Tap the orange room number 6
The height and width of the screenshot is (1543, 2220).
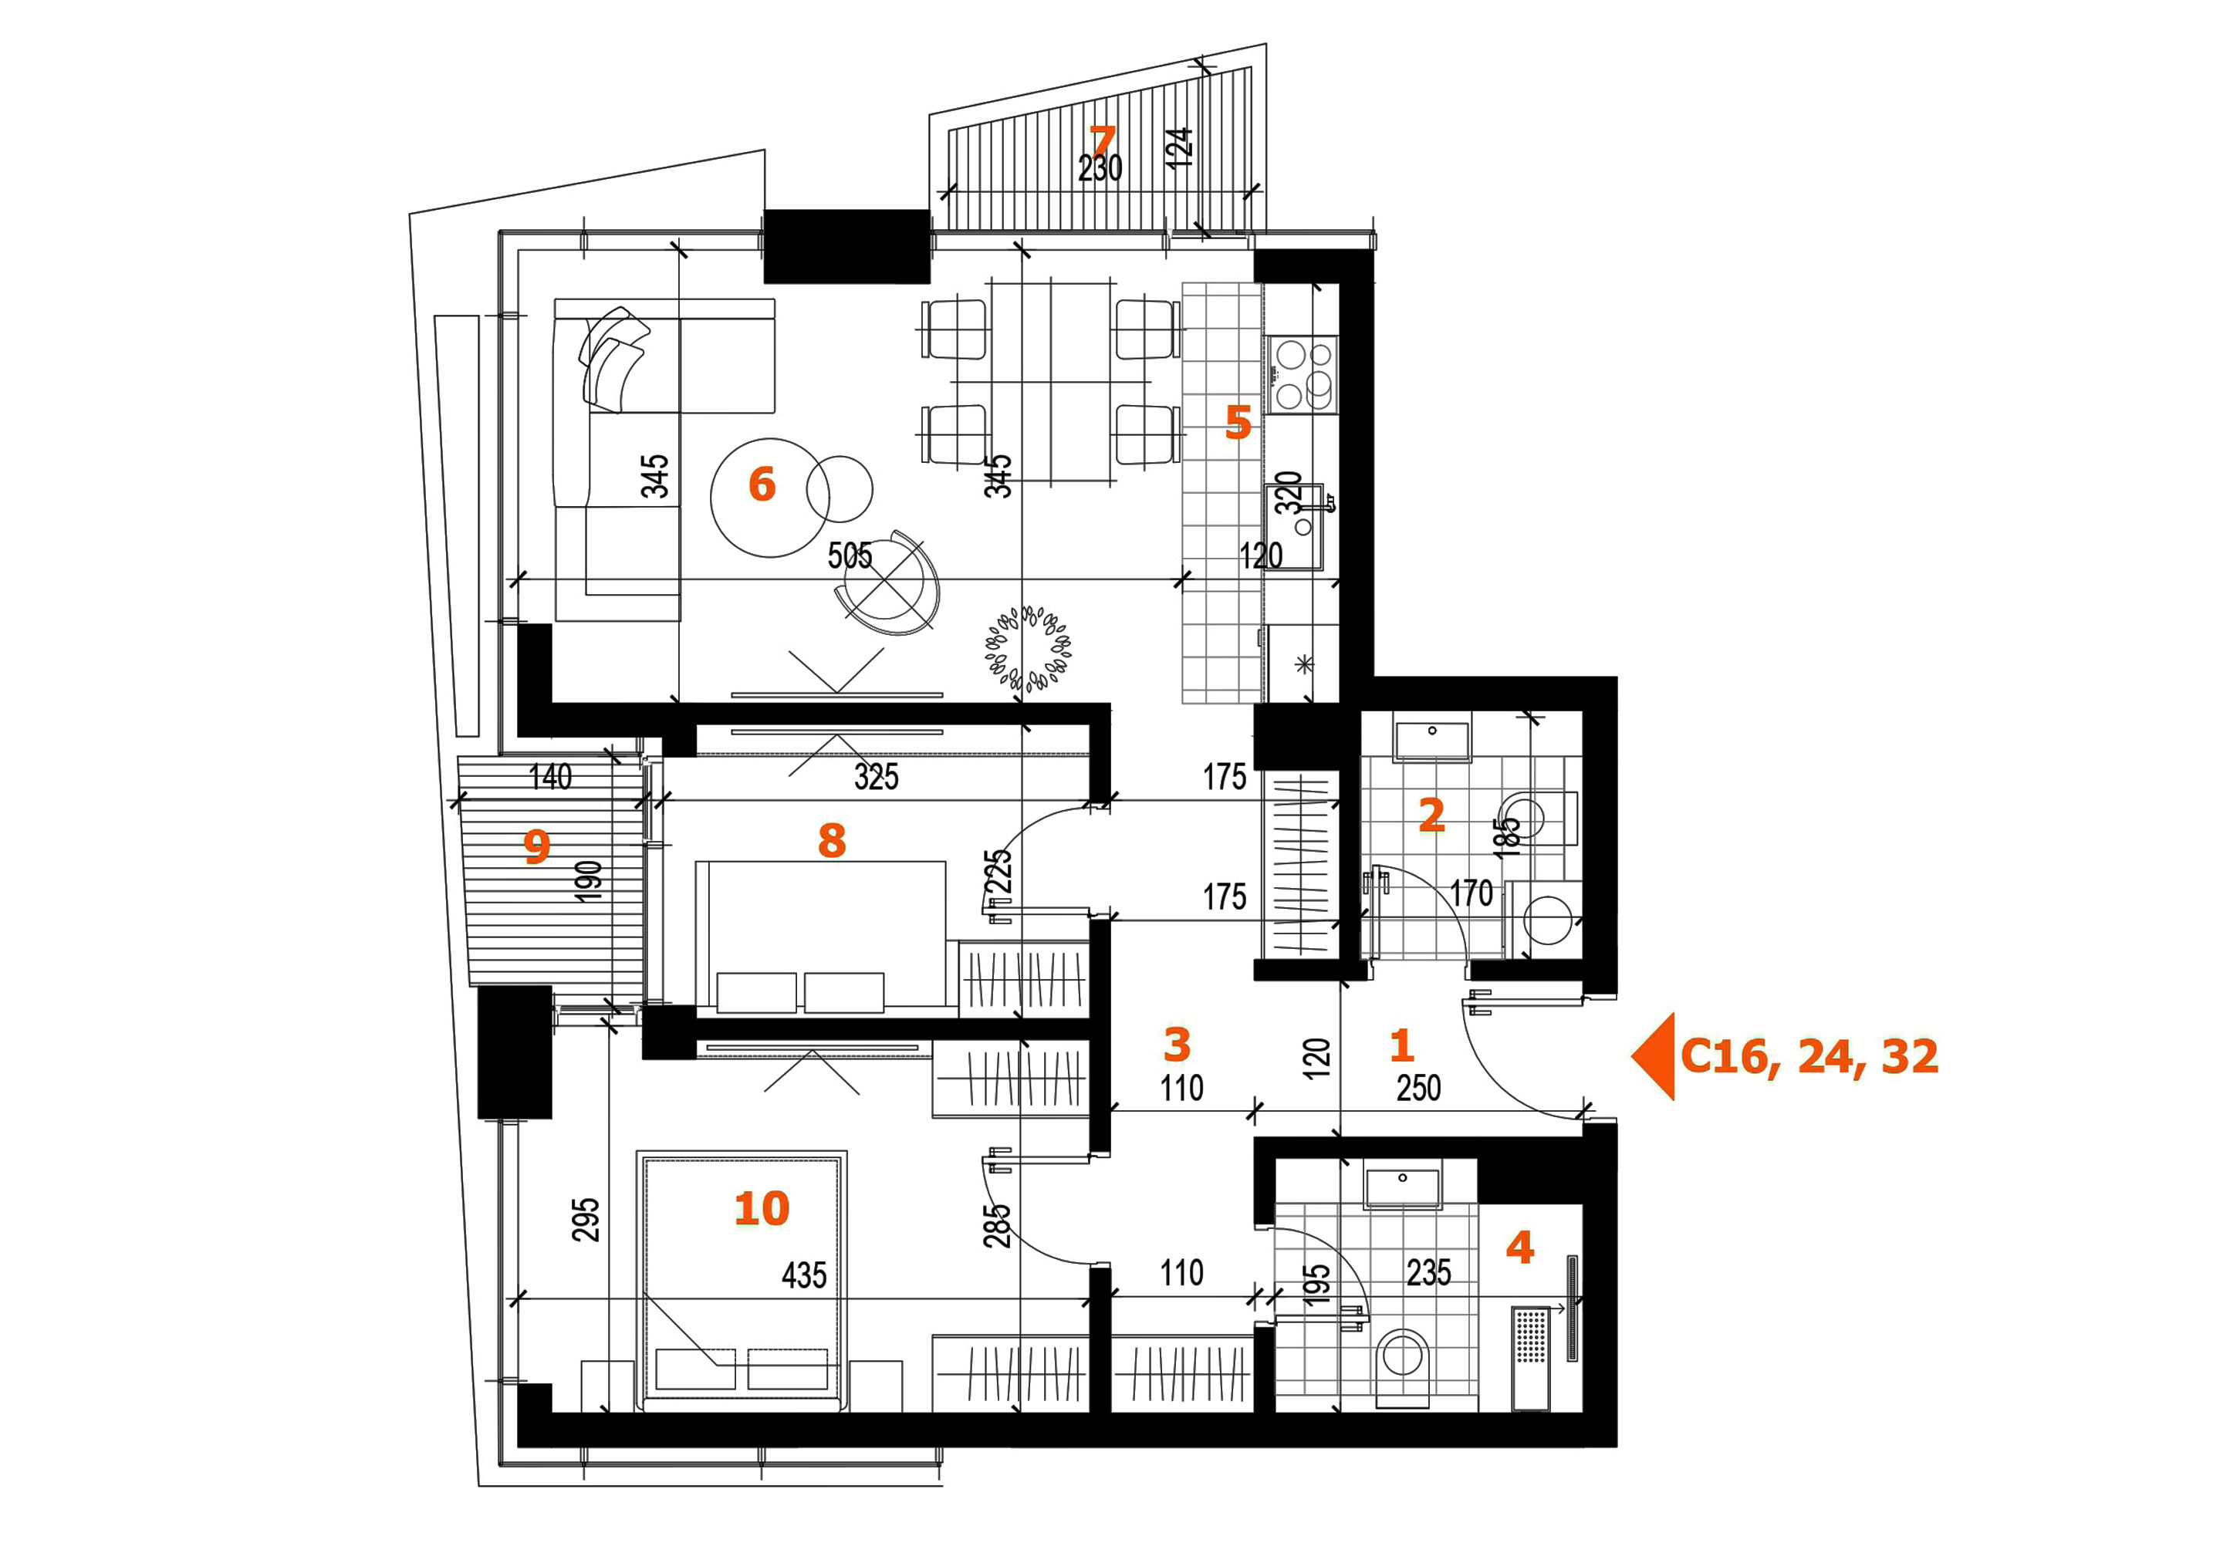tap(762, 485)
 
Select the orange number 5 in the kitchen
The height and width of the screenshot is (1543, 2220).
tap(1238, 423)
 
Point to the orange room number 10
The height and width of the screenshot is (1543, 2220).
tap(762, 1208)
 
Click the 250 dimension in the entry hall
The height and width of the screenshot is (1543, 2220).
tap(1418, 1089)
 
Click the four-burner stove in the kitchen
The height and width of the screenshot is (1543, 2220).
tap(1303, 374)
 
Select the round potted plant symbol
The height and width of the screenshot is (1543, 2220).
tap(1028, 648)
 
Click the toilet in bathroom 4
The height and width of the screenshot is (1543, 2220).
tap(1403, 1367)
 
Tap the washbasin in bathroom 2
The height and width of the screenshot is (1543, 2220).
tap(1432, 741)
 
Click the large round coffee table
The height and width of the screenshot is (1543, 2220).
tap(771, 498)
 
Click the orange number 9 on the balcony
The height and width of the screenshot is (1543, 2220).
tap(536, 846)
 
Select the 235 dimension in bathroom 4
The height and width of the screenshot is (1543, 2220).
tap(1428, 1272)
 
